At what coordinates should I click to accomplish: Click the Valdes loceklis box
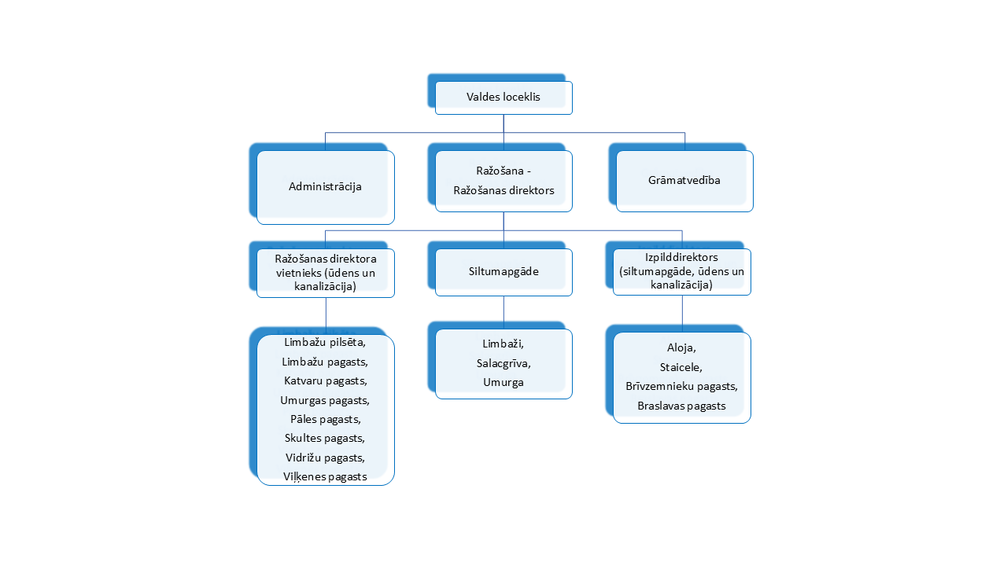tap(503, 97)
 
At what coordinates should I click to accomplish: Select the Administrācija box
tap(326, 187)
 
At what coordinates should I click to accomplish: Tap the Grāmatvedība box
tap(684, 181)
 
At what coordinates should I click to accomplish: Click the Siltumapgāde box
tap(503, 272)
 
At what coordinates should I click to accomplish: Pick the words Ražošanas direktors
tap(503, 190)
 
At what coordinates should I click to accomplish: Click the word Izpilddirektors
tap(681, 257)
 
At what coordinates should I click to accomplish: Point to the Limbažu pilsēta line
tap(325, 342)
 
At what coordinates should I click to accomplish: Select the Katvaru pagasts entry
tap(326, 381)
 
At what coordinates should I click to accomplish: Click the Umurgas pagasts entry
tap(325, 400)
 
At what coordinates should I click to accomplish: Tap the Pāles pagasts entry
tap(326, 419)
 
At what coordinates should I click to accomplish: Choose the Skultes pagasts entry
tap(325, 438)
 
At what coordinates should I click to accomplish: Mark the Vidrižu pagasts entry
tap(325, 458)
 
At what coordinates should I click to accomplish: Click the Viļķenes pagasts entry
tap(325, 476)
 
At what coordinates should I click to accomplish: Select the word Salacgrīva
tap(503, 363)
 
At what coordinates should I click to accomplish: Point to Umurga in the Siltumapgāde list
tap(503, 382)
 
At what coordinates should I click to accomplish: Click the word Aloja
tap(681, 347)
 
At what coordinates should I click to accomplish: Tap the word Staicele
tap(681, 367)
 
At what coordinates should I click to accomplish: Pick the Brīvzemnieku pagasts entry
tap(681, 386)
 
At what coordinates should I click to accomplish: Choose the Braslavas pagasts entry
tap(681, 406)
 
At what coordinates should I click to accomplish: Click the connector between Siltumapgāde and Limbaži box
tap(503, 313)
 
